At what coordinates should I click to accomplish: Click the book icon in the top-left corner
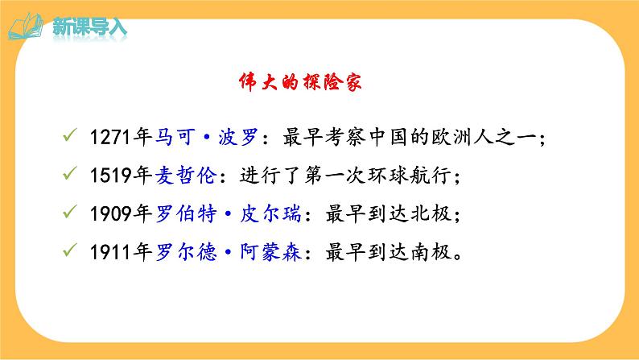27,26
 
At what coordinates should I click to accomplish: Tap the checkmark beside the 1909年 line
70,214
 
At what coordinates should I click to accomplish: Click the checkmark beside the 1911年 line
70,252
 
